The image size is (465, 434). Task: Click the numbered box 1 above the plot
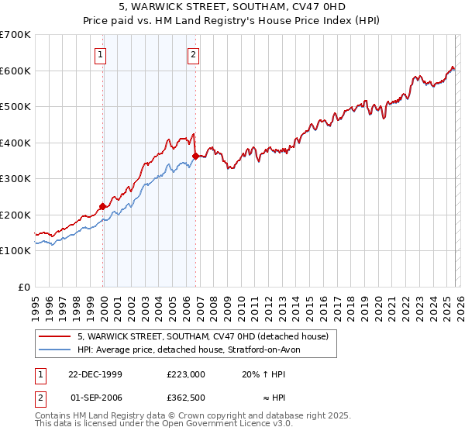(102, 54)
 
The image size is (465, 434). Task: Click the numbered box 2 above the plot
(193, 54)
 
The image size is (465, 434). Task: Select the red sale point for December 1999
(102, 206)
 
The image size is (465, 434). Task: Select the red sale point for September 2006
(195, 157)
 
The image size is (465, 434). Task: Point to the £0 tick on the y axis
(25, 287)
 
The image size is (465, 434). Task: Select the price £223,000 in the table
(186, 374)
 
